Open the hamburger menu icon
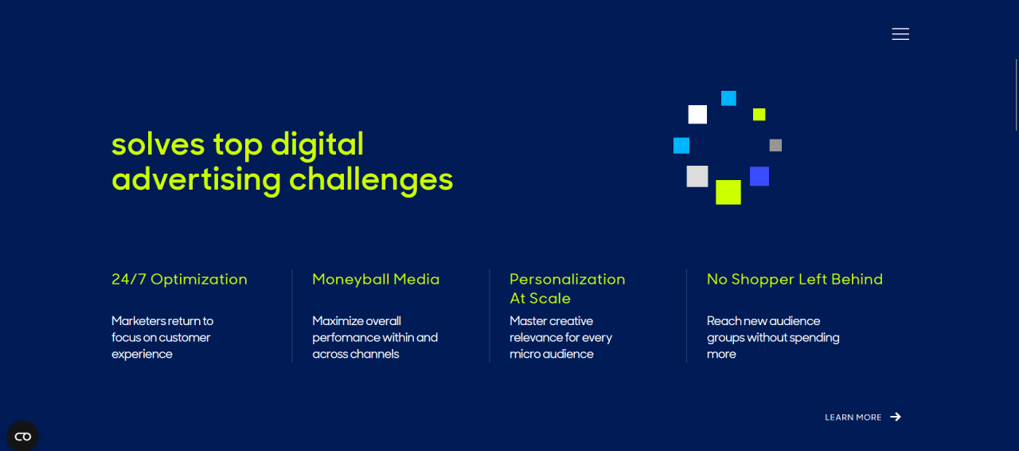[x=900, y=34]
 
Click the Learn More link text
[x=853, y=418]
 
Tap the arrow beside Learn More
[x=896, y=417]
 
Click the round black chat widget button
[x=23, y=437]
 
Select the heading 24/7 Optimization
[x=179, y=279]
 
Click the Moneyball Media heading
[x=376, y=279]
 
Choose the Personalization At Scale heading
[x=568, y=288]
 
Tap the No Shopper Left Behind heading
[x=795, y=279]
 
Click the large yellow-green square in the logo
[x=728, y=192]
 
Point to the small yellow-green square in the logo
[x=759, y=115]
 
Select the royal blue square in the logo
[x=759, y=176]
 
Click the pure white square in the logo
[x=697, y=115]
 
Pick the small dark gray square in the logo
[x=775, y=145]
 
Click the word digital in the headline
[x=317, y=145]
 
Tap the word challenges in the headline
[x=371, y=180]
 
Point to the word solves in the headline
[x=158, y=145]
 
